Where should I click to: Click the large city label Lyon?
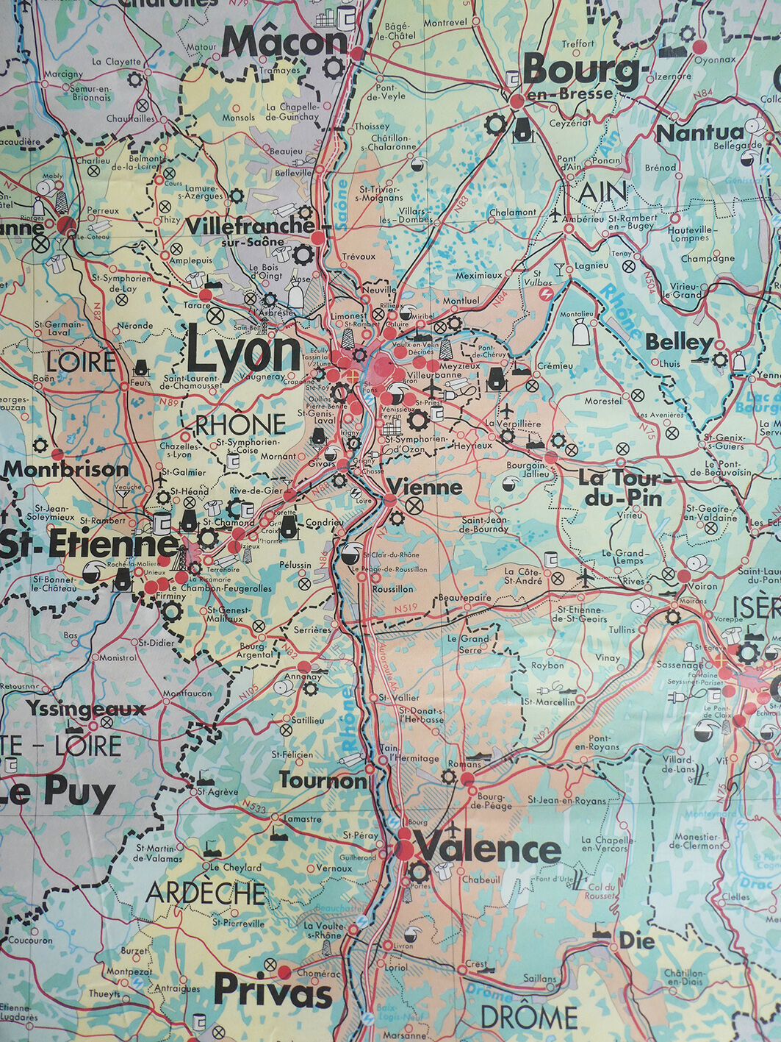(x=244, y=354)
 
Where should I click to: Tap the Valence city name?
(x=487, y=850)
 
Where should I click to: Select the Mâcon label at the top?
(x=284, y=42)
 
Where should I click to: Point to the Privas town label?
(x=273, y=991)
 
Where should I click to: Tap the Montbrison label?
(x=66, y=469)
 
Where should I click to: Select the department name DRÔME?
(x=528, y=1018)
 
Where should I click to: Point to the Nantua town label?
(x=699, y=133)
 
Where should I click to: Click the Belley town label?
(x=679, y=343)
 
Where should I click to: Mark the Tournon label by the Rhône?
(x=322, y=781)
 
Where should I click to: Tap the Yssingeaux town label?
(x=87, y=709)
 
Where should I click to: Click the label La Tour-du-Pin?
(x=620, y=488)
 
